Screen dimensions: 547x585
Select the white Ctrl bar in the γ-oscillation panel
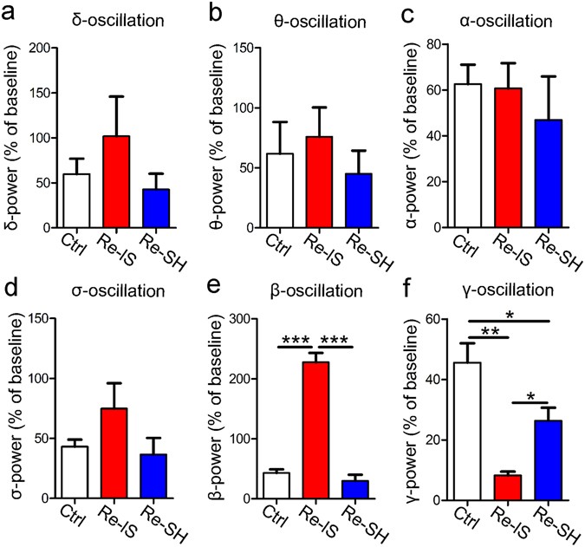coord(468,430)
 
